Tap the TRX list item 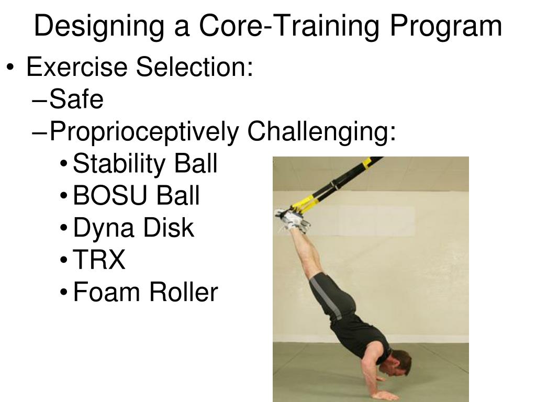click(99, 260)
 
